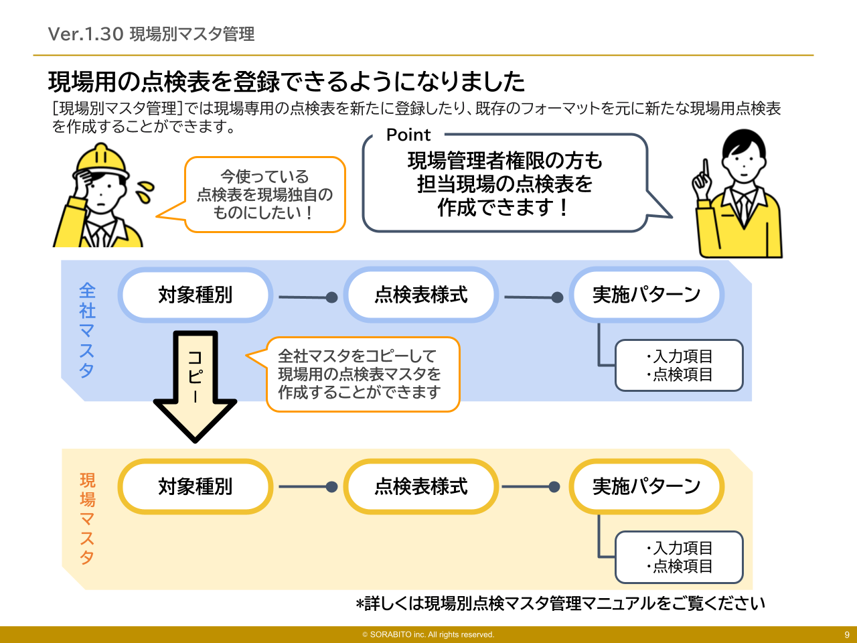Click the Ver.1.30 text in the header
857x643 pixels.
tap(85, 34)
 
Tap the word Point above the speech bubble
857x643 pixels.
tap(408, 135)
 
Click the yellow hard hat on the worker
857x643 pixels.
tap(101, 161)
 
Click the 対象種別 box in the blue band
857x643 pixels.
tap(195, 295)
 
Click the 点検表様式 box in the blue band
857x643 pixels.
tap(420, 295)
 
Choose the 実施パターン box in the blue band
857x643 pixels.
tap(646, 295)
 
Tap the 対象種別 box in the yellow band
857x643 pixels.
tap(195, 486)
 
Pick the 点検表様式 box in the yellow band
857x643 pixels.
tap(420, 486)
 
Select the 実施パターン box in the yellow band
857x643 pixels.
tap(646, 486)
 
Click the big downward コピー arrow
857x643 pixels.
tap(195, 388)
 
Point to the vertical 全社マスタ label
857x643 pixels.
tap(87, 330)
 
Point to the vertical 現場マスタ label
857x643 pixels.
tap(87, 518)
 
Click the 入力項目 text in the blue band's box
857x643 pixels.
tap(682, 356)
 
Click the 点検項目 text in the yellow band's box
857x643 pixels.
tap(682, 566)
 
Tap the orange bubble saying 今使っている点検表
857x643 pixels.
tap(264, 194)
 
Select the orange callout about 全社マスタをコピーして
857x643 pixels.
tap(362, 374)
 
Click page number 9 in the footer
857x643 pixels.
tap(846, 634)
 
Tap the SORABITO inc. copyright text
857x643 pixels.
tap(428, 634)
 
